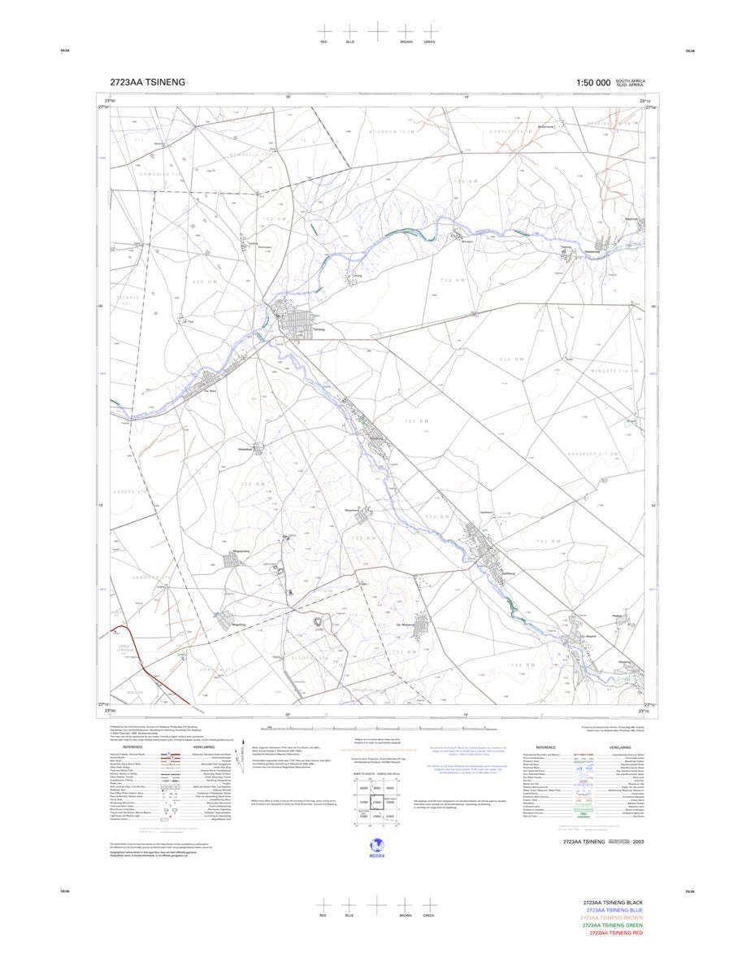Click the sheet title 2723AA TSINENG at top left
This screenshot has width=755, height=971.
(148, 82)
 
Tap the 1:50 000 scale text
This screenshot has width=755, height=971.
(593, 83)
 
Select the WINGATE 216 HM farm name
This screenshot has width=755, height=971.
(613, 371)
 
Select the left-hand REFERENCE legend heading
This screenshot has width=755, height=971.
(132, 747)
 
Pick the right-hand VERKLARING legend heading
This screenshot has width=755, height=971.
(618, 747)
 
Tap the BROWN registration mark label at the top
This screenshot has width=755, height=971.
(405, 41)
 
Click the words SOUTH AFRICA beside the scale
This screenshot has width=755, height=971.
(631, 81)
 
